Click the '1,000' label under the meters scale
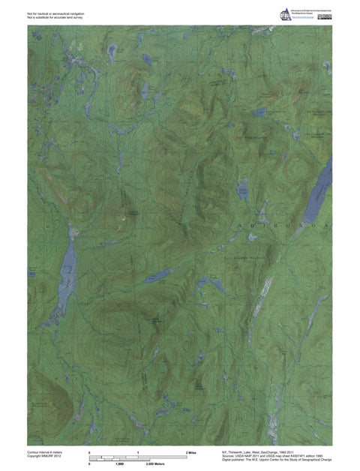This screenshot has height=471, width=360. click(118, 465)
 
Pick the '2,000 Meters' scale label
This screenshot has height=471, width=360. click(154, 465)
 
